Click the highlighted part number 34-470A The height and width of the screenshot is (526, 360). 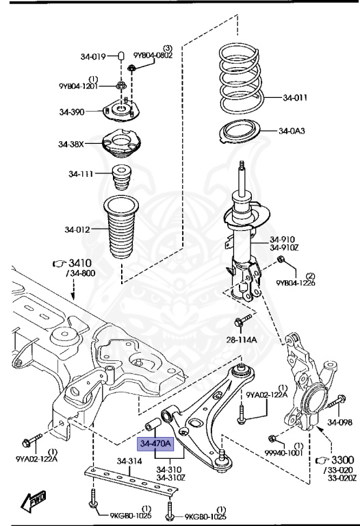(x=155, y=444)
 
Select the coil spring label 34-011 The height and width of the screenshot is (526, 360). (x=295, y=98)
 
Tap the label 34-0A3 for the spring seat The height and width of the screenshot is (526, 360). (x=292, y=131)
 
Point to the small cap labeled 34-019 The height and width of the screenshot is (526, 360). (x=121, y=55)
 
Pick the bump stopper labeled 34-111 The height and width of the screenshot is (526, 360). (x=121, y=177)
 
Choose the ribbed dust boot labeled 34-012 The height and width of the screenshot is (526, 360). (x=121, y=227)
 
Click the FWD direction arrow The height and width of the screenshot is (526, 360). (x=34, y=502)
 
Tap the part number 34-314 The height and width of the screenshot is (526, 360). (x=129, y=461)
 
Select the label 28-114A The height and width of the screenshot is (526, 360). (x=242, y=340)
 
